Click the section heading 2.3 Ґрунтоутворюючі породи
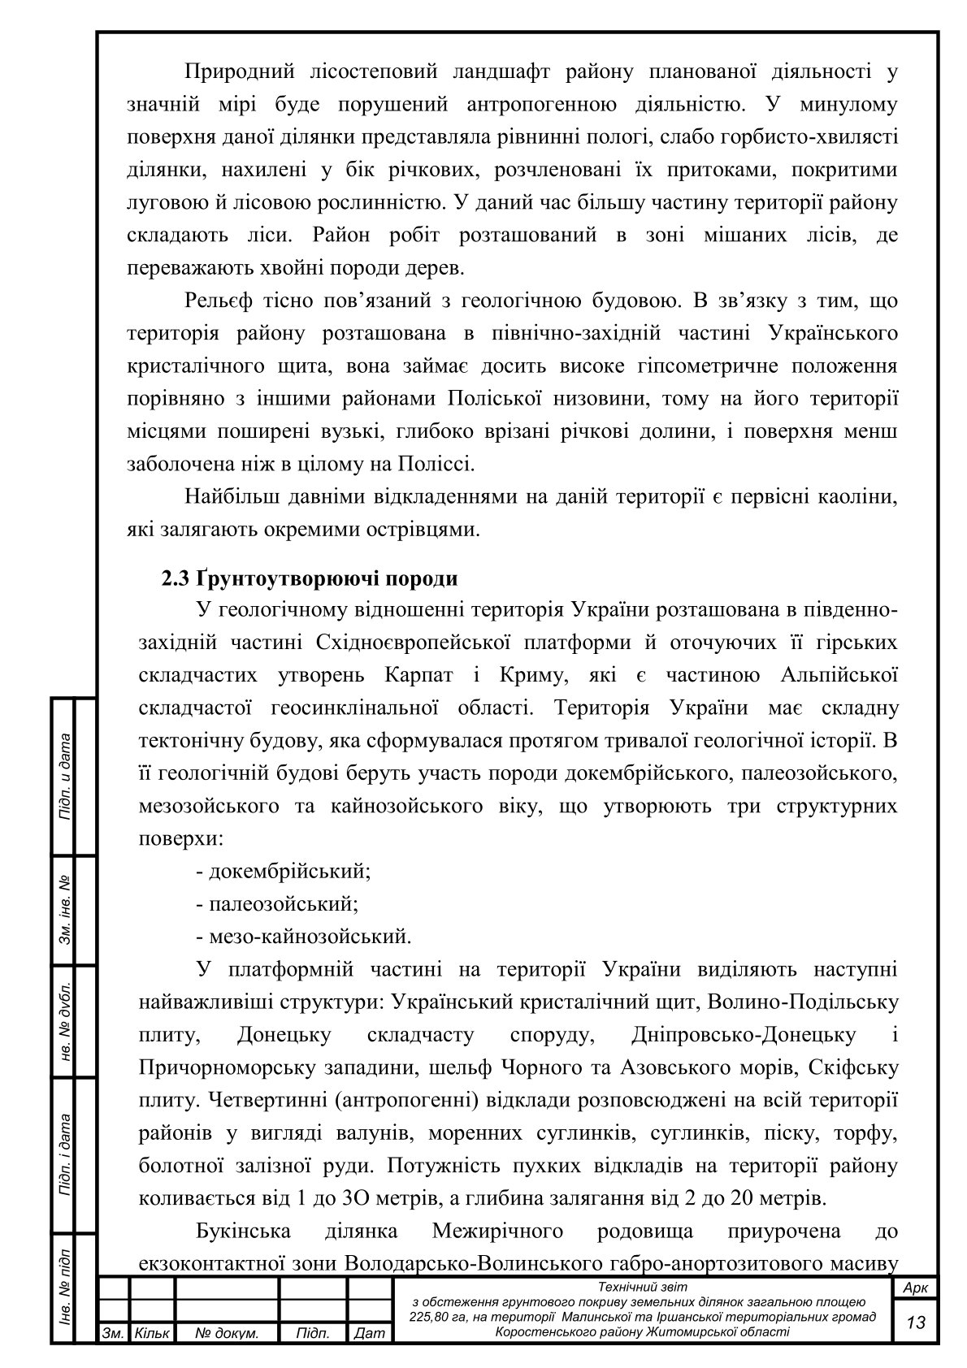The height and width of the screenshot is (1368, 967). tap(309, 579)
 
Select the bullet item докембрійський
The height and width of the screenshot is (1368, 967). tap(284, 872)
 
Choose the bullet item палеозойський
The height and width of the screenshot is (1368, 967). tap(277, 904)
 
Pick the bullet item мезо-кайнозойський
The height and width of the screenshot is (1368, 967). tap(304, 937)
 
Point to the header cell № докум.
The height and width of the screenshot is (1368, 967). tap(227, 1334)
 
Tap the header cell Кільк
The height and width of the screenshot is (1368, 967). tap(151, 1334)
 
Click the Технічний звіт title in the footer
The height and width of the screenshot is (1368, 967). tap(642, 1287)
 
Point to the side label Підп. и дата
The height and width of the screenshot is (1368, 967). tap(63, 776)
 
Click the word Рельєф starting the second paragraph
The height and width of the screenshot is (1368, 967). tap(219, 301)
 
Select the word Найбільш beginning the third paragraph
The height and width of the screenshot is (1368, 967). tap(231, 497)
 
